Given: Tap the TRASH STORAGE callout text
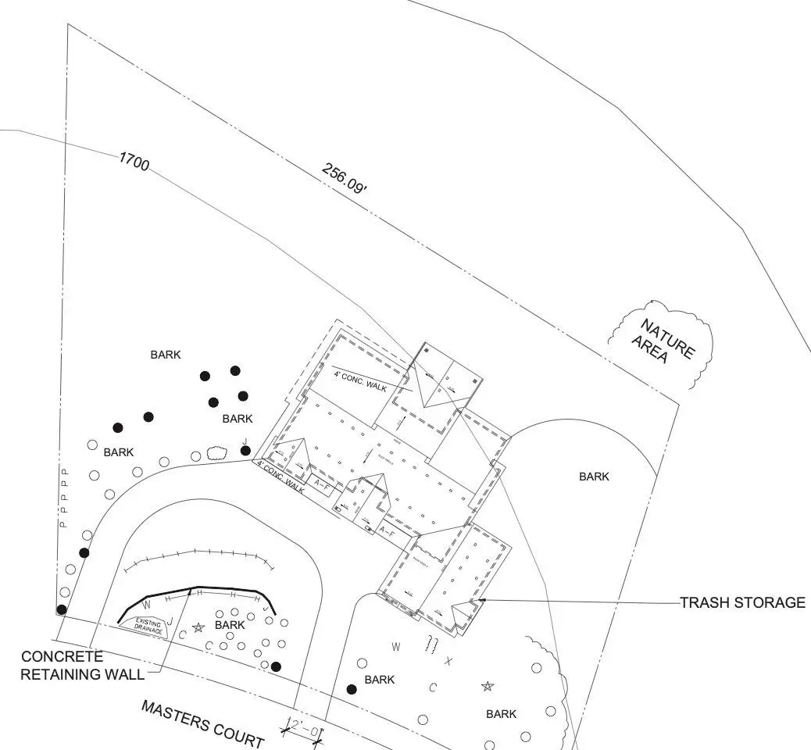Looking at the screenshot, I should pos(741,602).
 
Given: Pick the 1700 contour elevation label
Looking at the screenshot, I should pos(134,161).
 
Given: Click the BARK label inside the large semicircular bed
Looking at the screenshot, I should pos(594,477).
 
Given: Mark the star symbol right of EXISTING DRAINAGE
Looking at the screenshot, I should pos(198,627).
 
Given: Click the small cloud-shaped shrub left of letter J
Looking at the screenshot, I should pos(216,452).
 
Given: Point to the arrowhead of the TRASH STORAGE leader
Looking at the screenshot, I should pos(482,600).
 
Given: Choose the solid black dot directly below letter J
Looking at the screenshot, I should pos(245,451).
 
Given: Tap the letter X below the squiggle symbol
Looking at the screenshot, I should pos(448,661).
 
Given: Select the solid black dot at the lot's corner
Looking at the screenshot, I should pos(61,609).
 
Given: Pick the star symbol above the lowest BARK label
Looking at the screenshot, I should pos(488,686).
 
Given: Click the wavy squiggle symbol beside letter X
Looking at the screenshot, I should pos(430,645).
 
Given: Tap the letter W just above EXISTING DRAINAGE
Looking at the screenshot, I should pos(146,605).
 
